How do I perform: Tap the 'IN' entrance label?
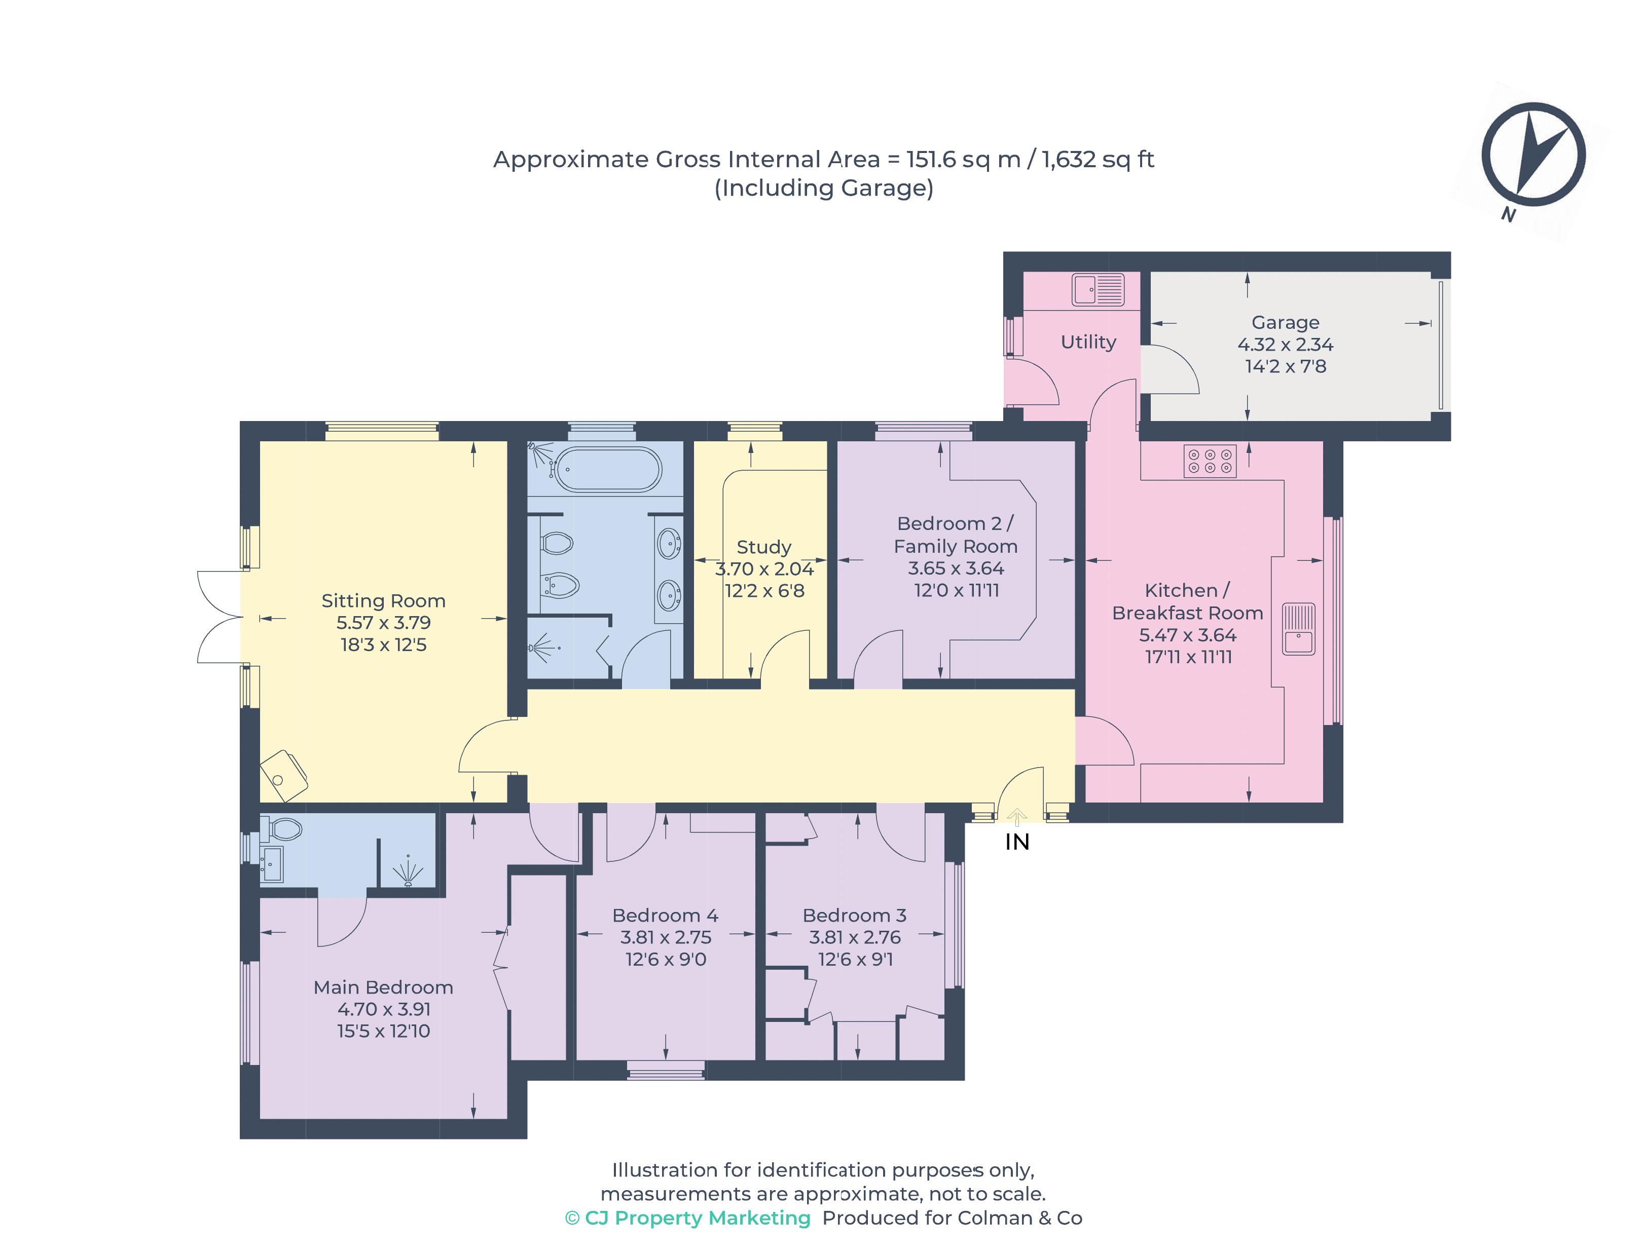tap(1016, 843)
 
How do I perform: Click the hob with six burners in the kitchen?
tap(1209, 461)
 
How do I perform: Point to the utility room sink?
tap(1097, 289)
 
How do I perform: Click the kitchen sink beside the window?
tap(1298, 628)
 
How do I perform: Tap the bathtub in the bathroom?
tap(606, 470)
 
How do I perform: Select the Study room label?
tap(763, 547)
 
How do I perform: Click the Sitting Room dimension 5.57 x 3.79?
tap(383, 623)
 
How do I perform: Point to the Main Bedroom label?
tap(383, 987)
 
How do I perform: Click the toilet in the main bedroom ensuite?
tap(283, 829)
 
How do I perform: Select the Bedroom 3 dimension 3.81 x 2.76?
tap(854, 937)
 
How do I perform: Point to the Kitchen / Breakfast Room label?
tap(1187, 601)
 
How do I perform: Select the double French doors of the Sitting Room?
tap(218, 617)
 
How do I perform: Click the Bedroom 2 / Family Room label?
tap(955, 535)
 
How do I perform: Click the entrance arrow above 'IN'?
tap(1016, 816)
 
